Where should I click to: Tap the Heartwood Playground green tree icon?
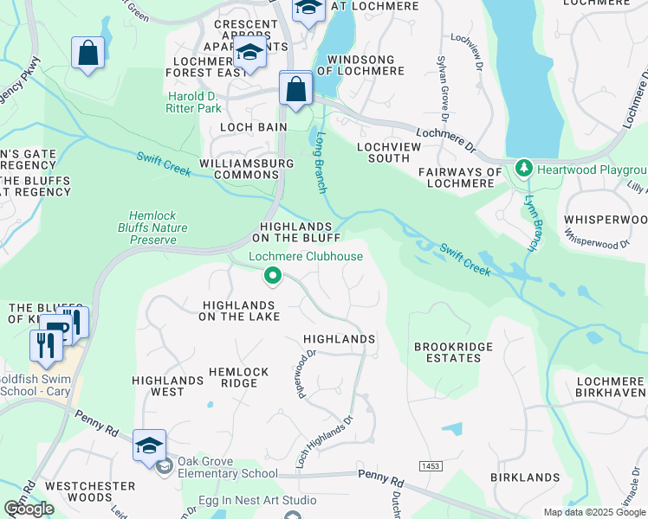tap(523, 167)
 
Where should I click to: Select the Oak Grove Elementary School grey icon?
tap(164, 467)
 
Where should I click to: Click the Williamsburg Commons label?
tap(239, 169)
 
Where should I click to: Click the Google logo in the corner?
tap(29, 509)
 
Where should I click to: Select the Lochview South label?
tap(384, 152)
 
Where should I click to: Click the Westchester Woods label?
tap(89, 492)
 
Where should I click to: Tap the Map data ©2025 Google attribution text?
tap(594, 512)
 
